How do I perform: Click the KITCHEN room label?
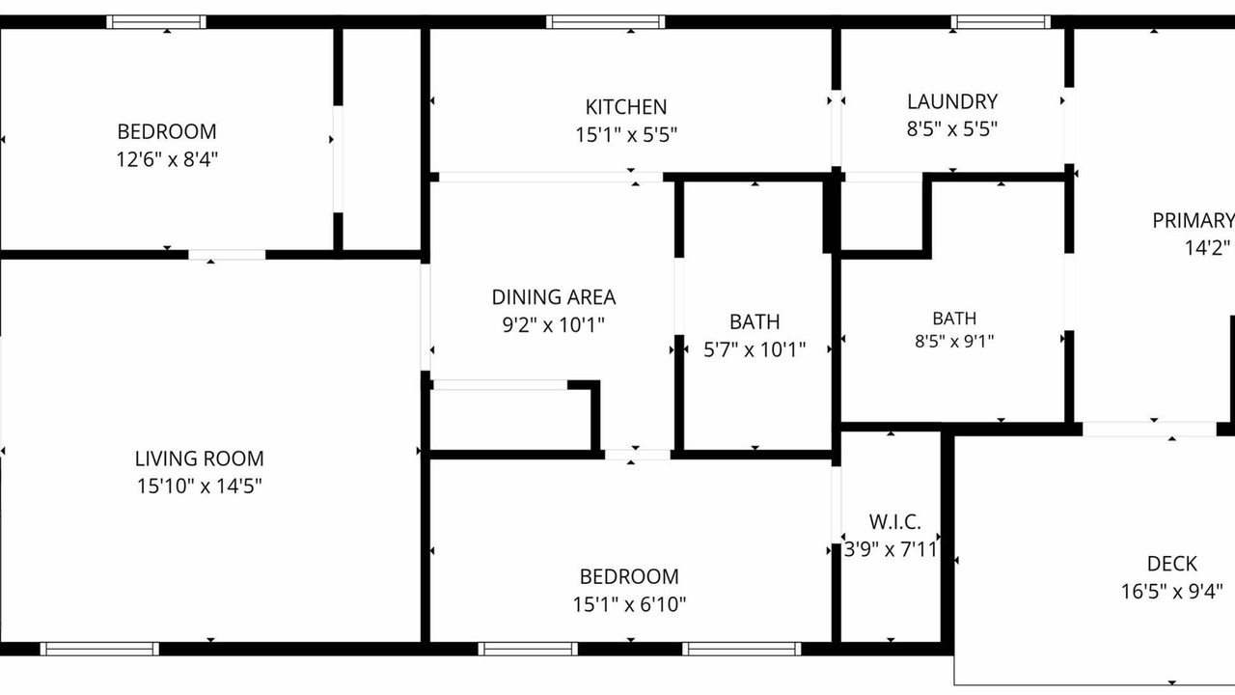[x=626, y=106]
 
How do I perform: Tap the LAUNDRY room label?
[x=952, y=102]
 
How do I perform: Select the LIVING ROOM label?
[x=199, y=459]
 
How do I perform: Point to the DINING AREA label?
[x=554, y=297]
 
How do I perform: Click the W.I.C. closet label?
[x=894, y=521]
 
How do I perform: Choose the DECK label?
[x=1172, y=564]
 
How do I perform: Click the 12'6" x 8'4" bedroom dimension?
[x=167, y=159]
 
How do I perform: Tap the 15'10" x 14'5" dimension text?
[x=199, y=486]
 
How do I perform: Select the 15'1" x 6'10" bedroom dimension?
[x=629, y=604]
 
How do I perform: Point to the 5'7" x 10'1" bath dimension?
[x=755, y=349]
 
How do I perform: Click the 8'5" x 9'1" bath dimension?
[x=954, y=342]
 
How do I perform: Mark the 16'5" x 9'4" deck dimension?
[x=1172, y=592]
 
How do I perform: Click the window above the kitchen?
[x=605, y=22]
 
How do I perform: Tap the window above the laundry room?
[x=1001, y=22]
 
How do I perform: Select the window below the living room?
[x=99, y=650]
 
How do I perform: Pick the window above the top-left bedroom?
[x=156, y=22]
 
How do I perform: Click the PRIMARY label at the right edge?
[x=1194, y=221]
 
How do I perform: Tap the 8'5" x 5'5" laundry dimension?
[x=952, y=129]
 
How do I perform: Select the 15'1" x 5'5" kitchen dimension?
[x=626, y=134]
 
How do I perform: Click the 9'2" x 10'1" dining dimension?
[x=554, y=325]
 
